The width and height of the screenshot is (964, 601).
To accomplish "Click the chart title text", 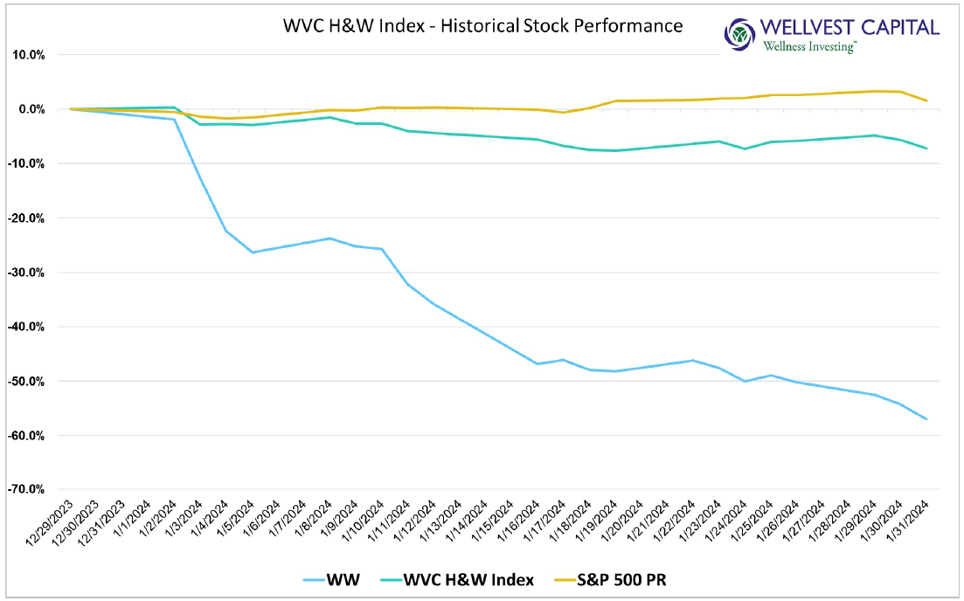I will click(482, 25).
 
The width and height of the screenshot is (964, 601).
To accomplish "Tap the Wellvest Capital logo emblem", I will click(740, 34).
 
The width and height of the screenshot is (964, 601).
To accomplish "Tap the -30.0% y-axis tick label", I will click(30, 273).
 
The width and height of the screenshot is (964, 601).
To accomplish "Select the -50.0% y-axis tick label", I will click(30, 381).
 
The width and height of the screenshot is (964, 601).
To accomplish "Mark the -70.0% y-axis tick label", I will click(30, 490).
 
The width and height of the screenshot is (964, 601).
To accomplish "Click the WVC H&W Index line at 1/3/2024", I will click(200, 124).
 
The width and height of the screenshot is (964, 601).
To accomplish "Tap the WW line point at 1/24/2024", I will click(745, 381).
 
